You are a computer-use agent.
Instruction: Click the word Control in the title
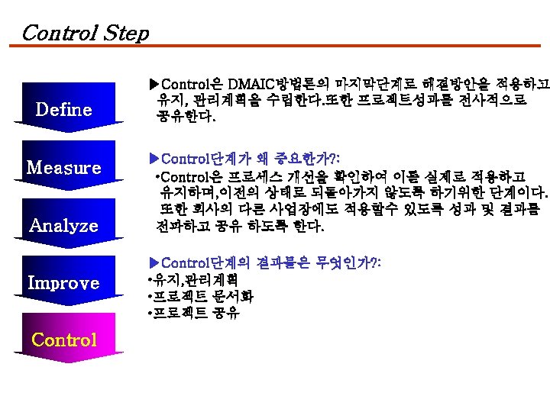(x=58, y=33)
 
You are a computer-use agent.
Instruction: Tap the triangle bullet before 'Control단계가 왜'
(x=153, y=159)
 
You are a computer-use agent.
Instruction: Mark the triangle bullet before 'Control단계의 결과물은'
(x=153, y=262)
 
